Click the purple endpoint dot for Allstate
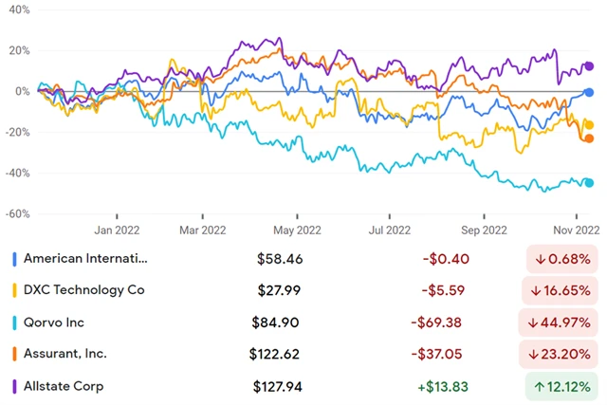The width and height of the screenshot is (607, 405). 588,66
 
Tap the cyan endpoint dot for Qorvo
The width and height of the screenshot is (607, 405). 588,183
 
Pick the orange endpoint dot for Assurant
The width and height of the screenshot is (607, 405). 588,138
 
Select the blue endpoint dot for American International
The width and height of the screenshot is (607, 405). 588,92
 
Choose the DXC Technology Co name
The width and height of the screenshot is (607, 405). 83,289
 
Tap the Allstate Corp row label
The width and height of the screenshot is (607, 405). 65,386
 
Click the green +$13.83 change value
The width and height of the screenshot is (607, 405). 438,386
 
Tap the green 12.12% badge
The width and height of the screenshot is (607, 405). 564,386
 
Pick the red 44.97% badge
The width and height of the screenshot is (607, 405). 564,322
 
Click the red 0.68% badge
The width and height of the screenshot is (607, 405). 564,258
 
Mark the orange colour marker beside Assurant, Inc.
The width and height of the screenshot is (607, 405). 13,354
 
